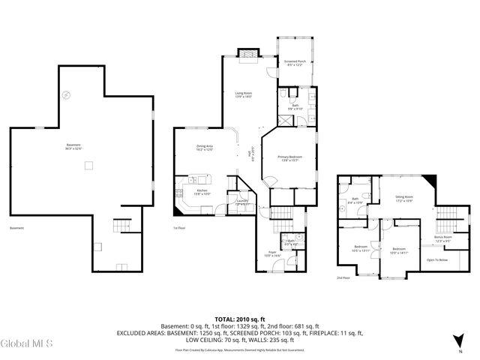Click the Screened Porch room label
coord(294,63)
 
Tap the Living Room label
coord(243,94)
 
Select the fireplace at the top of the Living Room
coord(246,53)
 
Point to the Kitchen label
coord(202,192)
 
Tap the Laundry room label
coord(241,202)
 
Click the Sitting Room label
coord(405,199)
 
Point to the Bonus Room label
coord(443,238)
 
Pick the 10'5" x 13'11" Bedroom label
coord(361,247)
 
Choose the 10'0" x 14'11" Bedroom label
coord(398,250)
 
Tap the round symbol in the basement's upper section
coord(65,94)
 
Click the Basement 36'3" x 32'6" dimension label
coord(73,147)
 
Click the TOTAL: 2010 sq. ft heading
coord(239,319)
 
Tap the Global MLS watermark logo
coord(27,343)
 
